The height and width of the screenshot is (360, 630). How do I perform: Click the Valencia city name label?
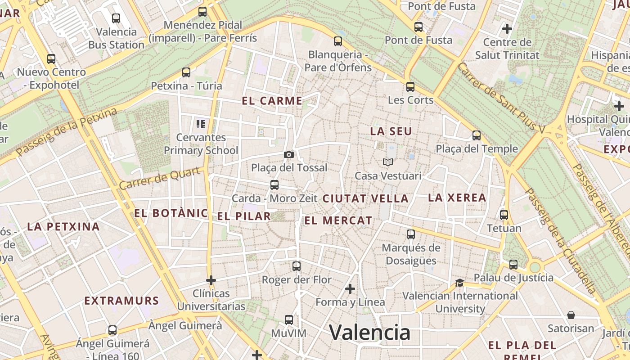369,333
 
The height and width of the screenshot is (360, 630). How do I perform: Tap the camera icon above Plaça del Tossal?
289,155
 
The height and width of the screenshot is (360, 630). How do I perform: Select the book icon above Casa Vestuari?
387,162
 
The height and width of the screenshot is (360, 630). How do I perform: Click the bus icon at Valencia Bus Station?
116,18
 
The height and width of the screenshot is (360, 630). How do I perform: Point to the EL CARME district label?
272,101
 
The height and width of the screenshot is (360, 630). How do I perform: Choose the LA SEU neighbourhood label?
391,131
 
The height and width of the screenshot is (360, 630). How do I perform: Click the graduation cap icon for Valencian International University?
459,283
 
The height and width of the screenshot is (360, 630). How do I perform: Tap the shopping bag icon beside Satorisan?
571,315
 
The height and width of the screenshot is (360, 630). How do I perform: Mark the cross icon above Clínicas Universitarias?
211,280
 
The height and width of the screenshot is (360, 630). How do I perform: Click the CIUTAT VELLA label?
365,198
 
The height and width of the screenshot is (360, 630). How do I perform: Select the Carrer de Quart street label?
160,179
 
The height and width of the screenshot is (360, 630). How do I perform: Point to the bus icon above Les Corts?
410,87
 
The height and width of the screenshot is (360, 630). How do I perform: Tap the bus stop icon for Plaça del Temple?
477,135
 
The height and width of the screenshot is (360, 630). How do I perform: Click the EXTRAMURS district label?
121,301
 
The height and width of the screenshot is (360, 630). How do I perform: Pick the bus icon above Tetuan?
504,215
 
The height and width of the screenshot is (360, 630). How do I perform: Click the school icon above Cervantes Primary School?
201,124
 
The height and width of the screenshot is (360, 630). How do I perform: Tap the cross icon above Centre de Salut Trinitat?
507,29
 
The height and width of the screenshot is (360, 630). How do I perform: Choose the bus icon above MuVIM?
289,320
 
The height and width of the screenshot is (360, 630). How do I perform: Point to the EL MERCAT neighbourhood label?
338,220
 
